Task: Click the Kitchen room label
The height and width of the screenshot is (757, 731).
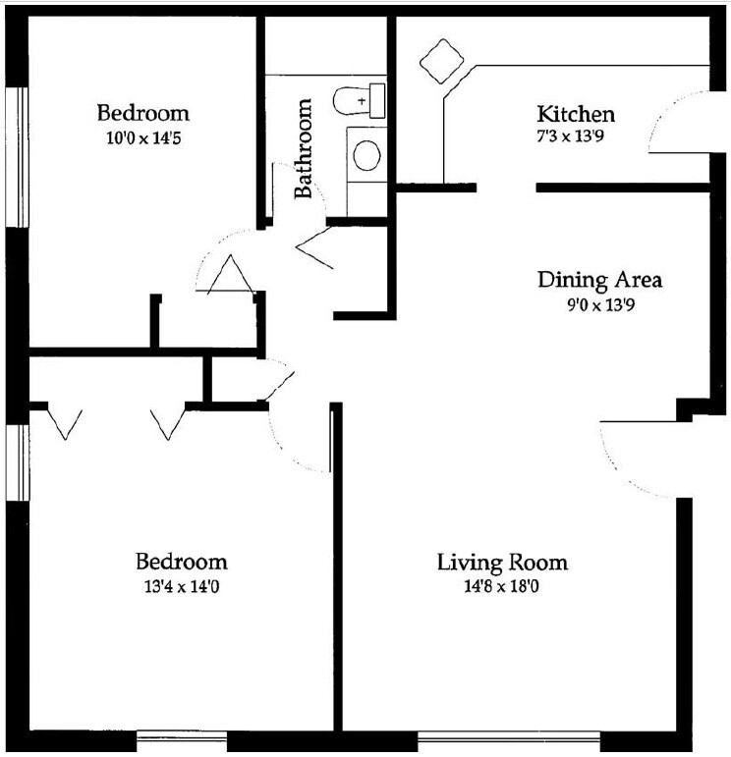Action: pos(575,114)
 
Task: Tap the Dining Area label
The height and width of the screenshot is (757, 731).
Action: pos(599,280)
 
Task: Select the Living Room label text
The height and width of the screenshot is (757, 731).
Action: pos(502,563)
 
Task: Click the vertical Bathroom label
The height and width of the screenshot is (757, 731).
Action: pos(304,148)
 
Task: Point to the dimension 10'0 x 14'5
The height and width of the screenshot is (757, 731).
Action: pos(143,138)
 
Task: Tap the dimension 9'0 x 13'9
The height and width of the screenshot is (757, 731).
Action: pos(599,304)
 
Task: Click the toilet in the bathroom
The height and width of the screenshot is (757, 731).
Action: pos(360,100)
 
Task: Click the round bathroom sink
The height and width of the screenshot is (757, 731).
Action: pos(366,155)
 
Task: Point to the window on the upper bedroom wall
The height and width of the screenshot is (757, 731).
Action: pos(17,157)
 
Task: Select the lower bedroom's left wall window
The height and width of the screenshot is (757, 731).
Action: pos(17,462)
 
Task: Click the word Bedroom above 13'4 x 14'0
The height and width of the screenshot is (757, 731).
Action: pos(182,563)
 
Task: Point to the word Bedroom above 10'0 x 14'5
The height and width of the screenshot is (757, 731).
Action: pos(143,113)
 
